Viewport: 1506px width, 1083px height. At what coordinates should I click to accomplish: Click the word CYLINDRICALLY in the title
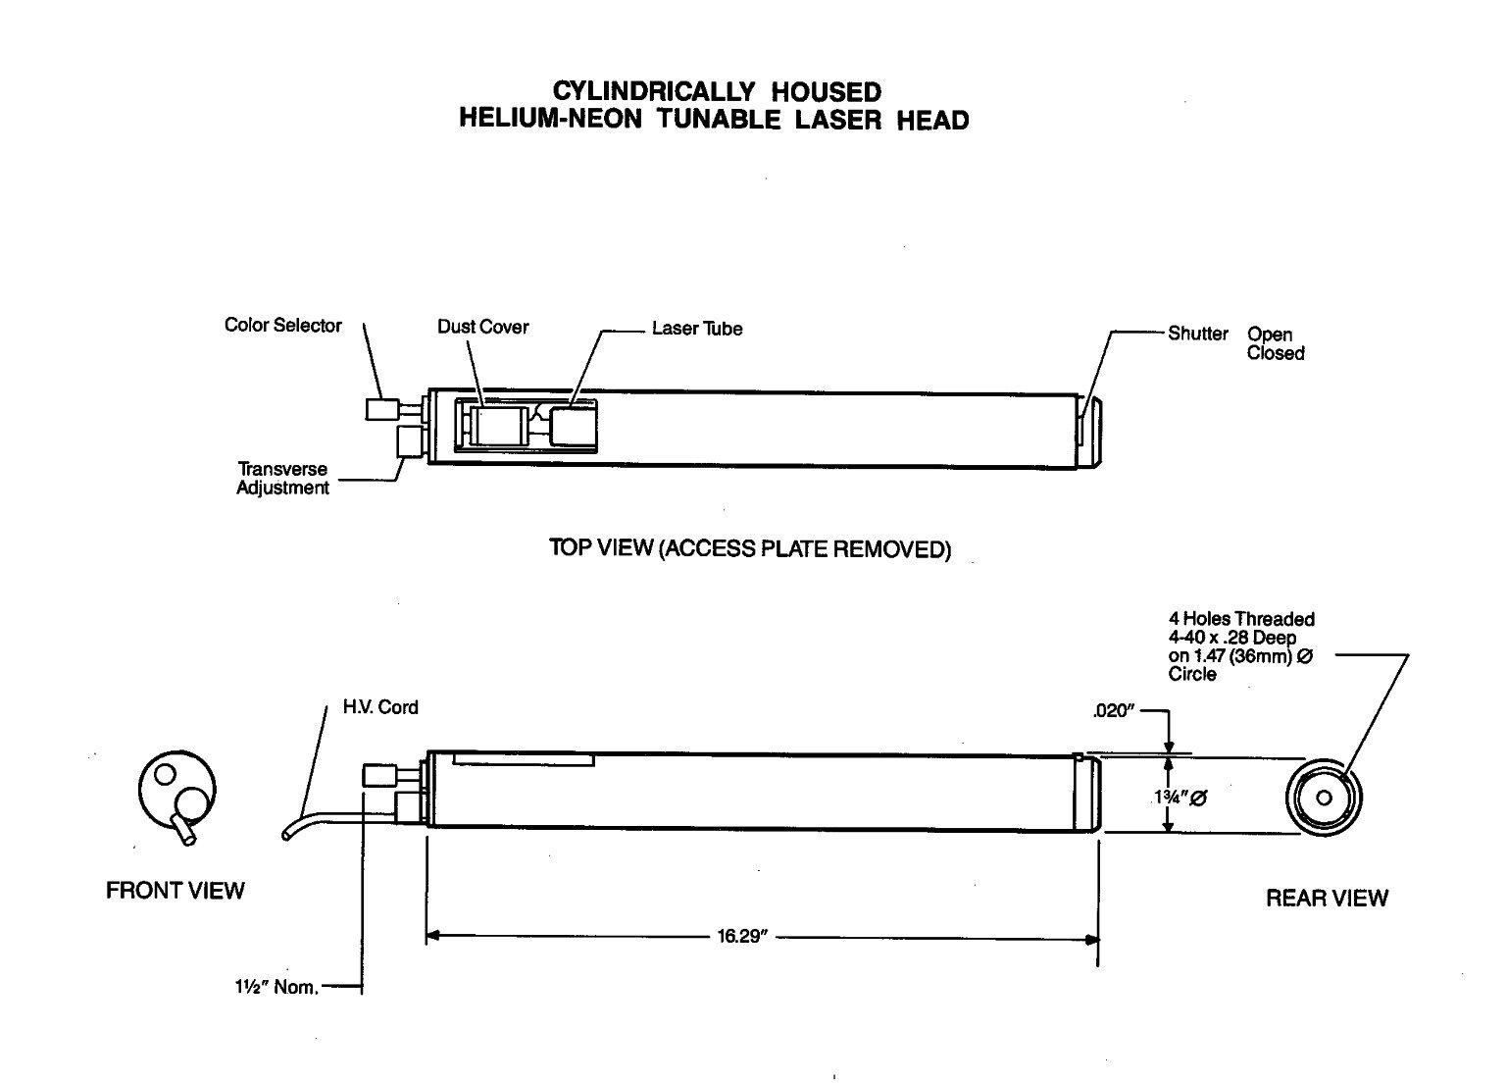pyautogui.click(x=654, y=92)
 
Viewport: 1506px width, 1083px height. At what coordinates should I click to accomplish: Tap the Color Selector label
pyautogui.click(x=282, y=326)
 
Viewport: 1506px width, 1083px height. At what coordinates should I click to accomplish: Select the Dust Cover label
pyautogui.click(x=482, y=327)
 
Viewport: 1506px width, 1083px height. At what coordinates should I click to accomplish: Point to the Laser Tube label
pyautogui.click(x=697, y=329)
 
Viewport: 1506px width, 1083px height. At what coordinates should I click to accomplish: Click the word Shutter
pyautogui.click(x=1197, y=334)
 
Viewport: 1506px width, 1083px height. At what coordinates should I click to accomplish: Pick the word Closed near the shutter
pyautogui.click(x=1276, y=353)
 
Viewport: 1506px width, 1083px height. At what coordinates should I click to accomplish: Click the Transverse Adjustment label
pyautogui.click(x=282, y=479)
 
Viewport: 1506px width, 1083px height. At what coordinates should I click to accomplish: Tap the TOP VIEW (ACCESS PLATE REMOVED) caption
pyautogui.click(x=750, y=548)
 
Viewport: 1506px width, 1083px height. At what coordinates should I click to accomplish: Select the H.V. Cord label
pyautogui.click(x=379, y=707)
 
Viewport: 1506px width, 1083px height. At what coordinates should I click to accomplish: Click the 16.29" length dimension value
pyautogui.click(x=740, y=937)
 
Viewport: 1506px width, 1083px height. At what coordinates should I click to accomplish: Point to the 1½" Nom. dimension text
pyautogui.click(x=270, y=988)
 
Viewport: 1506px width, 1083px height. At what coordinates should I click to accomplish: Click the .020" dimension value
pyautogui.click(x=1113, y=712)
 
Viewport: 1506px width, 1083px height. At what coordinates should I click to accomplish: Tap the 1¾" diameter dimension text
pyautogui.click(x=1180, y=798)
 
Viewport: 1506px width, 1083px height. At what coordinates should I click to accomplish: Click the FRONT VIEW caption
pyautogui.click(x=175, y=891)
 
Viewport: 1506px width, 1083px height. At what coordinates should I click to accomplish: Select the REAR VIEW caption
pyautogui.click(x=1327, y=898)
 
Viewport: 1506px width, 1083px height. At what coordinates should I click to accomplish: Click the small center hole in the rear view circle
pyautogui.click(x=1325, y=798)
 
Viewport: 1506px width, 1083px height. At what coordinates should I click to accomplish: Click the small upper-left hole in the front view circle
pyautogui.click(x=166, y=774)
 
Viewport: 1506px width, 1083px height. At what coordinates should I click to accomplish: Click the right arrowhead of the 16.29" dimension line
pyautogui.click(x=1091, y=938)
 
